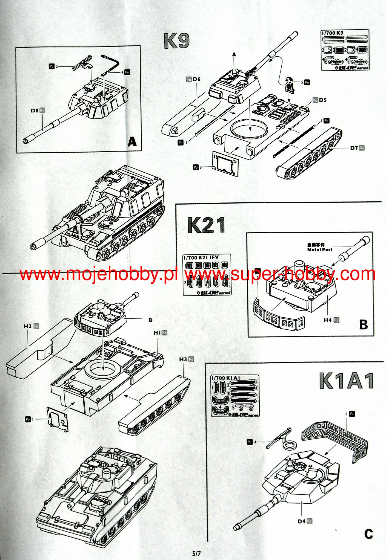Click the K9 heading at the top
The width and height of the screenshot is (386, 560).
point(177,41)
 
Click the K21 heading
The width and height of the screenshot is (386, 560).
point(206,225)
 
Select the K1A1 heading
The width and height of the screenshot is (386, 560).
point(346,381)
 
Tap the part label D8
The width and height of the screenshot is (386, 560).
point(35,111)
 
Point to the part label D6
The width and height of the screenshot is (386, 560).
point(196,79)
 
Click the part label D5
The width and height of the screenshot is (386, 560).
point(322,100)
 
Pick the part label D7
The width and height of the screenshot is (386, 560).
point(354,148)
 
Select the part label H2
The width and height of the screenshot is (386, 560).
point(28,326)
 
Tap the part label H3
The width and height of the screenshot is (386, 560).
point(183,359)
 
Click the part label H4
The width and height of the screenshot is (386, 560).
point(328,320)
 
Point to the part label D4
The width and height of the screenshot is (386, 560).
point(301,521)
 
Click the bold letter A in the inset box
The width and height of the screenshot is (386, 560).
point(132,142)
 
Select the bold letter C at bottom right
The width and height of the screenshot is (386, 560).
point(368,534)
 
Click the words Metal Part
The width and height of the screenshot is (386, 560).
point(320,249)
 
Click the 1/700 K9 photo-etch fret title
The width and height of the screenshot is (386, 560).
point(333,33)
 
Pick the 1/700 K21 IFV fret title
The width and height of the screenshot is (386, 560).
point(201,258)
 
